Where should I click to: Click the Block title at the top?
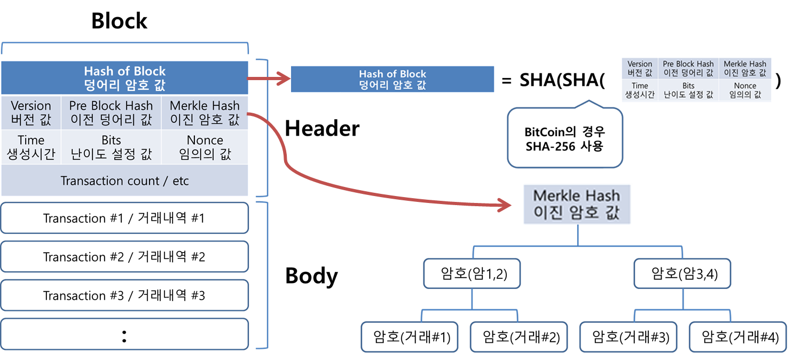[120, 21]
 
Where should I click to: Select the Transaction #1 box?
[124, 218]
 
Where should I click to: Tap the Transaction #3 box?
[124, 295]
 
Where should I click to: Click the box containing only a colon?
[124, 335]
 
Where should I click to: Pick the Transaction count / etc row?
[124, 181]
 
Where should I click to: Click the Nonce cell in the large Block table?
[205, 147]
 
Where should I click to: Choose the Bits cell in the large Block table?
[111, 147]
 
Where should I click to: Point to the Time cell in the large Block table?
[31, 147]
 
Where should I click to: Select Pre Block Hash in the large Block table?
[111, 113]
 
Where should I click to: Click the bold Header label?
[322, 129]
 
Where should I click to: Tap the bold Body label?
[311, 276]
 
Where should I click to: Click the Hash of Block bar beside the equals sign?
[392, 80]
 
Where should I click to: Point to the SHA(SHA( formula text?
[562, 81]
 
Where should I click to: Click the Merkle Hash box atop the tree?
[577, 204]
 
